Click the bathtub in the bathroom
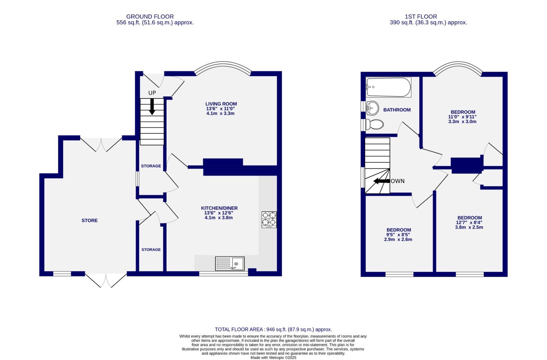coord(388,87)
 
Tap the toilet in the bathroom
coord(375,125)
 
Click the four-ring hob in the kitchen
coord(269,220)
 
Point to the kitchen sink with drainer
coord(230,263)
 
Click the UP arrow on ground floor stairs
coord(152,106)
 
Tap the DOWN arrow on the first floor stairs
coord(381,181)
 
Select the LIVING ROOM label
coord(221,104)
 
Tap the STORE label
coord(90,220)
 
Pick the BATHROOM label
coord(397,110)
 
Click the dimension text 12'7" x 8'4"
coord(469,223)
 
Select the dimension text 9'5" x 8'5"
coord(398,235)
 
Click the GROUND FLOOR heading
coord(150,16)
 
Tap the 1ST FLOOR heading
coord(421,16)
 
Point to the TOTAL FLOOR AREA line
coord(273,329)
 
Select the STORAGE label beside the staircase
coord(151,166)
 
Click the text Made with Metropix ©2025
coord(273,358)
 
